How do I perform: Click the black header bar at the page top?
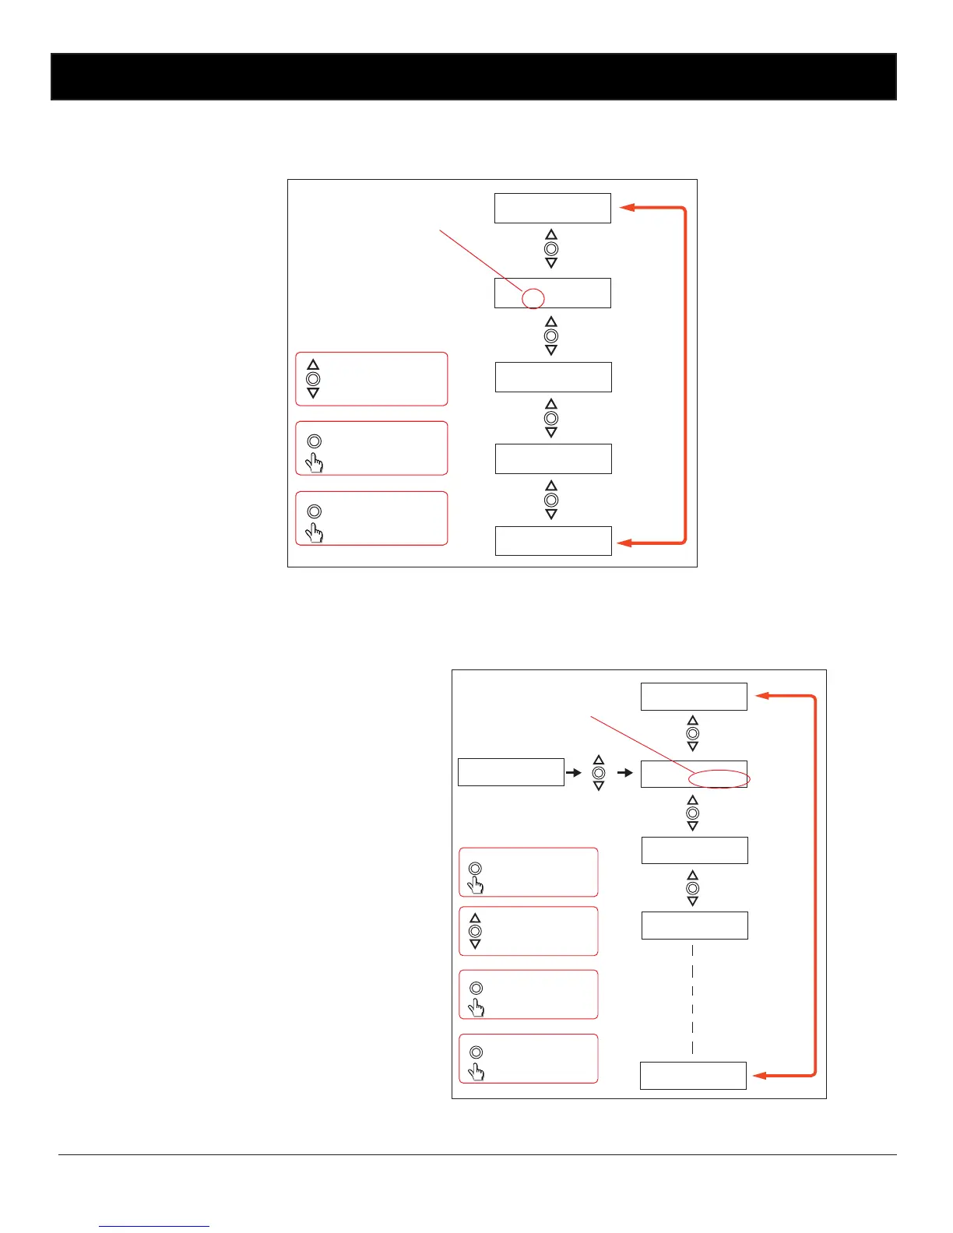click(x=473, y=76)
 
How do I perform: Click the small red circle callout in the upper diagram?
click(x=533, y=298)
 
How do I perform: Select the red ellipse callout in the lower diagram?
click(x=719, y=778)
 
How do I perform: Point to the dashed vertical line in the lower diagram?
click(x=692, y=999)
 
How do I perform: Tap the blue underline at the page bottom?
click(x=154, y=1226)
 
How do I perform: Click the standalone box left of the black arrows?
click(x=511, y=772)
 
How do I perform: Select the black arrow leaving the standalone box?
click(x=574, y=772)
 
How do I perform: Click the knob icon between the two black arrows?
click(x=599, y=773)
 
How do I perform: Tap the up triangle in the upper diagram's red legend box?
click(x=313, y=364)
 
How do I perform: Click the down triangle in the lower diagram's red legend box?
click(x=475, y=944)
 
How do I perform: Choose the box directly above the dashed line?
click(x=695, y=926)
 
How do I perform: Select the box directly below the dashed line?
click(x=693, y=1076)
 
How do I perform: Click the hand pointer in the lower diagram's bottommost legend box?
click(x=475, y=1072)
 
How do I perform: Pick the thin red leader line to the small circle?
click(x=480, y=260)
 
